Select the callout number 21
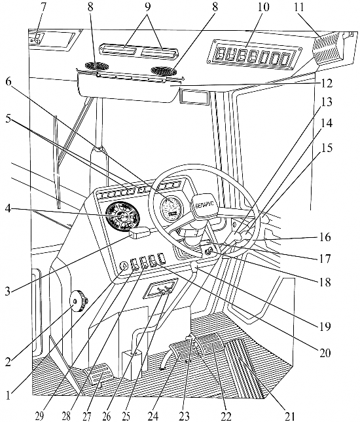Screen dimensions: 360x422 pyautogui.click(x=289, y=416)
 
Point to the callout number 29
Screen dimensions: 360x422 pyautogui.click(x=39, y=416)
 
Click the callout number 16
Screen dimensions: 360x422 pyautogui.click(x=325, y=238)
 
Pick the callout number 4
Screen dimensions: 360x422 pyautogui.click(x=9, y=208)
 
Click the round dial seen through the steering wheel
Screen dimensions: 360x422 pyautogui.click(x=171, y=206)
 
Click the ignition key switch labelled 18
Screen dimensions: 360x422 pyautogui.click(x=209, y=252)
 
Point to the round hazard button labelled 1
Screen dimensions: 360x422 pyautogui.click(x=124, y=266)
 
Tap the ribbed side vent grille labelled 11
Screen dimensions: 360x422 pyautogui.click(x=328, y=48)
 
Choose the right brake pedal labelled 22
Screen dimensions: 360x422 pyautogui.click(x=210, y=344)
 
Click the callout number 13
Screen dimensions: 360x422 pyautogui.click(x=326, y=102)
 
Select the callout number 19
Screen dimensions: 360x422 pyautogui.click(x=325, y=326)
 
